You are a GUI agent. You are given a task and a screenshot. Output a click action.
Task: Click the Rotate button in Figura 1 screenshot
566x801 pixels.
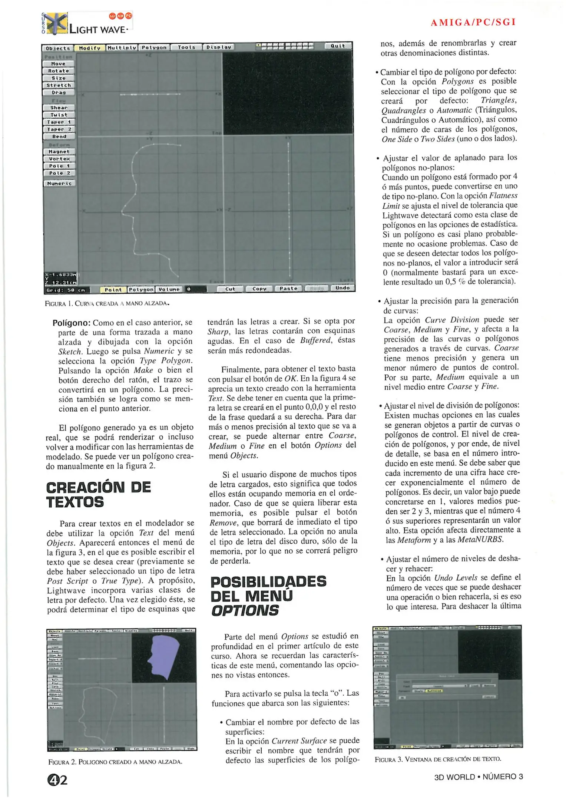pyautogui.click(x=59, y=71)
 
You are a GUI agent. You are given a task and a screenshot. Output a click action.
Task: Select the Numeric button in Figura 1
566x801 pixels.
pyautogui.click(x=59, y=184)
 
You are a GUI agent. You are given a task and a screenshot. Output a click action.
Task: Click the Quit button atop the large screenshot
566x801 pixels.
pyautogui.click(x=338, y=46)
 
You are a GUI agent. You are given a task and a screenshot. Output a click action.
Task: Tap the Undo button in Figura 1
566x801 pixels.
pyautogui.click(x=342, y=288)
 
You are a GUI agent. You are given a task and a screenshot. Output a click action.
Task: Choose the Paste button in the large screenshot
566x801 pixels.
pyautogui.click(x=288, y=289)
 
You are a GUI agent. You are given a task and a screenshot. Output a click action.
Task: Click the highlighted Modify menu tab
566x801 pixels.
pyautogui.click(x=90, y=48)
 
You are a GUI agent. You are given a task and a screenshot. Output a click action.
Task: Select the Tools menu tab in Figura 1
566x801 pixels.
pyautogui.click(x=186, y=47)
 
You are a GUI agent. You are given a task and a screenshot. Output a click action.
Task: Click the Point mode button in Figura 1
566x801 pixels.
pyautogui.click(x=113, y=290)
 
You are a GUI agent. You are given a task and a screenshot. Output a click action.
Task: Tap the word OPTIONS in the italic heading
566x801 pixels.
pyautogui.click(x=245, y=611)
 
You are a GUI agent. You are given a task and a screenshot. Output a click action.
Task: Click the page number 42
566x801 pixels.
pyautogui.click(x=57, y=781)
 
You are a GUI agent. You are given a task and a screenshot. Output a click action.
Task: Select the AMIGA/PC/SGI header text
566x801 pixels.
pyautogui.click(x=473, y=22)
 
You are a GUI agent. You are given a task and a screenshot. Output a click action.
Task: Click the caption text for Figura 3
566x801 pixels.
pyautogui.click(x=438, y=759)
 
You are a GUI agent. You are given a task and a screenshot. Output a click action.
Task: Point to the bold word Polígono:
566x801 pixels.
pyautogui.click(x=72, y=323)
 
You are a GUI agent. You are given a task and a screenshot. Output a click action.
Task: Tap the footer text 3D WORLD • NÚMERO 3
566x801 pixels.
pyautogui.click(x=479, y=777)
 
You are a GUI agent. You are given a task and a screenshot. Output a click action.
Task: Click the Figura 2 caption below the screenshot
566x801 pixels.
pyautogui.click(x=115, y=762)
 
